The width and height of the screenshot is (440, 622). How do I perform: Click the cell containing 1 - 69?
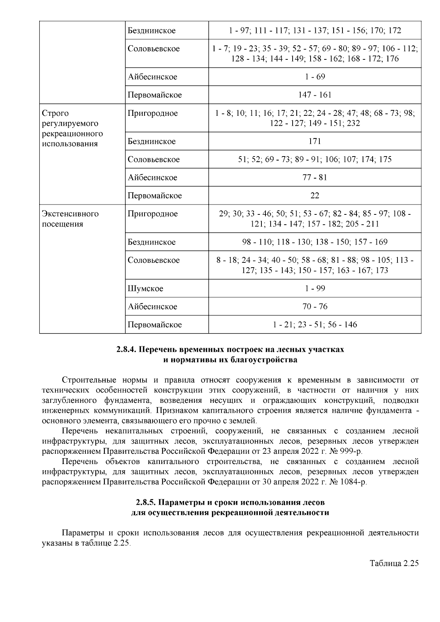pos(315,77)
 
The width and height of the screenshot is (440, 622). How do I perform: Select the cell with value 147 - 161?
pos(315,95)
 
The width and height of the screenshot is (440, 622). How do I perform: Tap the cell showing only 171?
pos(315,141)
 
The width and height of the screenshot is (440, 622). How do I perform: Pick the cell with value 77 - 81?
pos(315,177)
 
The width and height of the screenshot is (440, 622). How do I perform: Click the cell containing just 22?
pos(315,196)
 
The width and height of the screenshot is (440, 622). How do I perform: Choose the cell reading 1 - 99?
pos(315,288)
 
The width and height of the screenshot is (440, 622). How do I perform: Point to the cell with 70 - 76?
pos(315,306)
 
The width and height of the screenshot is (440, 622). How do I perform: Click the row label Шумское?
pos(145,288)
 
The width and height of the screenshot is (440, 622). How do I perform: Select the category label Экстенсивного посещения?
pos(70,219)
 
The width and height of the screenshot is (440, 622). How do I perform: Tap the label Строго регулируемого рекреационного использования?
pos(72,128)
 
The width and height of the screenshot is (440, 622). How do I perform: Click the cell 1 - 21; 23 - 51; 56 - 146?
pos(315,325)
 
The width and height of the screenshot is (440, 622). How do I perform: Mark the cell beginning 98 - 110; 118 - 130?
pos(315,242)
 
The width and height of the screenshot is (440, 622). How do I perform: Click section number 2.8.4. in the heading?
pos(126,350)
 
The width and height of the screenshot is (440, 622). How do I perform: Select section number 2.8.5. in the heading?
pos(147,502)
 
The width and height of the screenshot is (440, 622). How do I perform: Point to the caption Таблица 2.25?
pos(394,563)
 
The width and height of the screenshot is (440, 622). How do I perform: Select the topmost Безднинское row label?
pos(151,30)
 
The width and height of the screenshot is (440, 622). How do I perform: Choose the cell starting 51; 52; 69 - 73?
pos(315,159)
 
